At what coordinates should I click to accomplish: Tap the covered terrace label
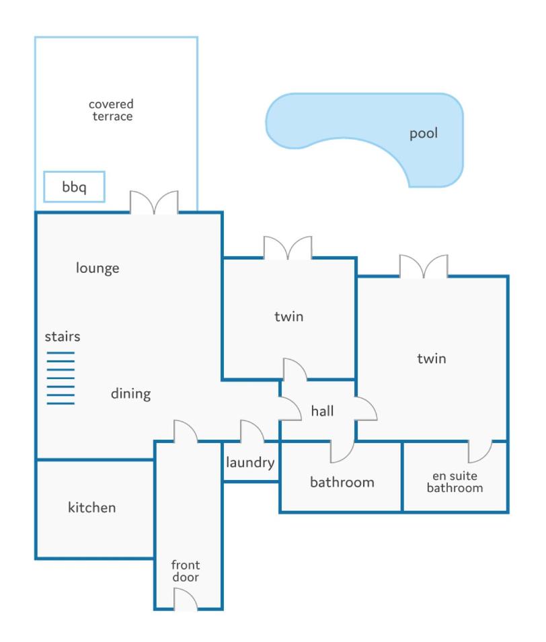click(x=111, y=110)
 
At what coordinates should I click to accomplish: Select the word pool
click(x=424, y=134)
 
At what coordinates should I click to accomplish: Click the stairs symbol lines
click(x=61, y=378)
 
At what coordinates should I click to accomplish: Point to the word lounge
click(x=97, y=268)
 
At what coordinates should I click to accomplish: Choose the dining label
click(x=130, y=393)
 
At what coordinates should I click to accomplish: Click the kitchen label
click(x=91, y=508)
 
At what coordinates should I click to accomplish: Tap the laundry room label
click(x=250, y=463)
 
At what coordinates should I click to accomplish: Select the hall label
click(x=322, y=411)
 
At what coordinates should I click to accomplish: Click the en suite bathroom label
click(x=455, y=482)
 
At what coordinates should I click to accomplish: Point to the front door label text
click(x=186, y=571)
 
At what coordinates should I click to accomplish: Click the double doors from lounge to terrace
click(x=154, y=202)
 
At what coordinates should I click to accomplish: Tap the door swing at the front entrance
click(x=186, y=598)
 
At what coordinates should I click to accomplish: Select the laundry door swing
click(x=252, y=431)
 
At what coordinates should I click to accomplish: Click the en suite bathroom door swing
click(x=480, y=452)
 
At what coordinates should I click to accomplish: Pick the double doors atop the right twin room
click(x=424, y=266)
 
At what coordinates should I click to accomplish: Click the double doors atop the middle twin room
click(x=288, y=247)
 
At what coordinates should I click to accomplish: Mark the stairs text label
click(x=63, y=337)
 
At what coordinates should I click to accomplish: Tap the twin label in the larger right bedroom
click(x=432, y=359)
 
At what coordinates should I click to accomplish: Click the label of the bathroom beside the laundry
click(x=342, y=482)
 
